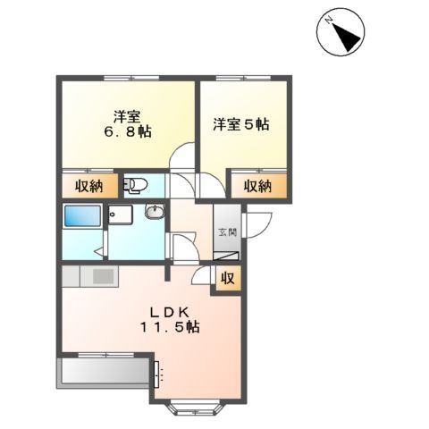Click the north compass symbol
click(341, 33)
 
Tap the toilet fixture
click(137, 185)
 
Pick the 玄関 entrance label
click(225, 233)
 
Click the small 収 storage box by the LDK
click(228, 278)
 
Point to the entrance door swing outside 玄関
click(252, 226)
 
